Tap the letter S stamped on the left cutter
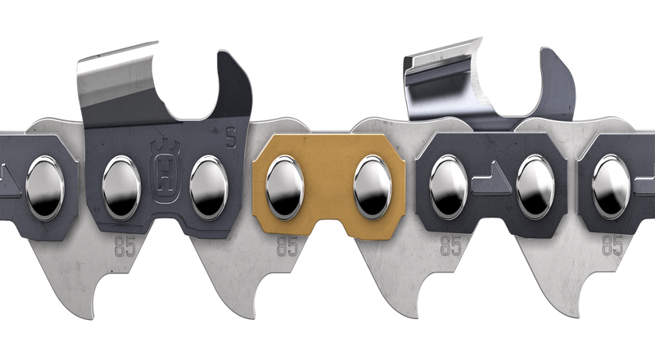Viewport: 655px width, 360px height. (x=231, y=138)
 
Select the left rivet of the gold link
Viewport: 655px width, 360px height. (x=284, y=187)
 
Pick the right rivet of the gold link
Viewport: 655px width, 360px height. (x=373, y=187)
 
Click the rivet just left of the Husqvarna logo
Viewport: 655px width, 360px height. (x=121, y=187)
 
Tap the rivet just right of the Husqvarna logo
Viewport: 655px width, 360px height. (x=209, y=187)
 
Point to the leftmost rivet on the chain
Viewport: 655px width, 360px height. (x=45, y=187)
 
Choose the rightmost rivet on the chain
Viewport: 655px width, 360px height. (x=611, y=187)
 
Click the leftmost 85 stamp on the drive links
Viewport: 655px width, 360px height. (x=125, y=247)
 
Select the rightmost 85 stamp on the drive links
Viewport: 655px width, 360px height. (x=612, y=245)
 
